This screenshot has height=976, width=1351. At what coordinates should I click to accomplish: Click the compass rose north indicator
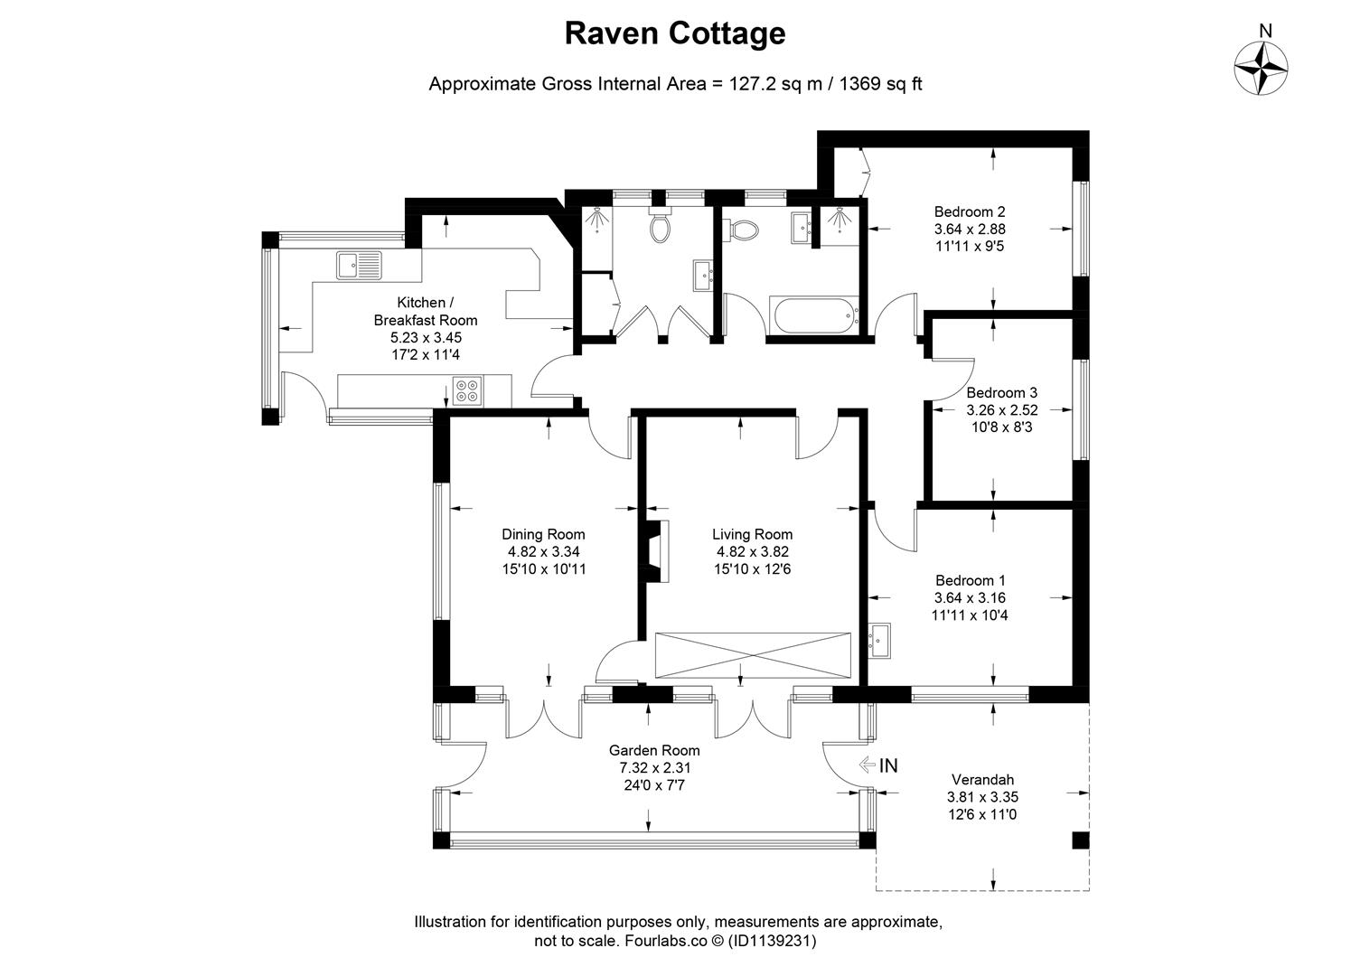[x=1262, y=68]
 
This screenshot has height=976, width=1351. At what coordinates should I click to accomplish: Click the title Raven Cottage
[x=674, y=33]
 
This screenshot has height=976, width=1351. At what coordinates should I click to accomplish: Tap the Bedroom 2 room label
[x=970, y=212]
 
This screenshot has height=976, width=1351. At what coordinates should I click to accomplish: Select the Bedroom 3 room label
[x=1001, y=393]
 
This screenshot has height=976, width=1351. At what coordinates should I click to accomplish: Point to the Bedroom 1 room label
[x=970, y=581]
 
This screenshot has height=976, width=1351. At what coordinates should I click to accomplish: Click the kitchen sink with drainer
[x=360, y=265]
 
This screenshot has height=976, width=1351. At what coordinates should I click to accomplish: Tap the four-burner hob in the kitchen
[x=468, y=390]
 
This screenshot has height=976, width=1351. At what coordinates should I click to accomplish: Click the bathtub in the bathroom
[x=813, y=315]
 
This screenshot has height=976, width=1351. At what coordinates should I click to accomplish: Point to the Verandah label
[x=982, y=780]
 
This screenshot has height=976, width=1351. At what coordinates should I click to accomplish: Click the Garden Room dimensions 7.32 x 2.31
[x=654, y=768]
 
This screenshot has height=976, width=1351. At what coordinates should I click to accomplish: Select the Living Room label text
[x=752, y=535]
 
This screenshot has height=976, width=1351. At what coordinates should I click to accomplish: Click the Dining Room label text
[x=543, y=535]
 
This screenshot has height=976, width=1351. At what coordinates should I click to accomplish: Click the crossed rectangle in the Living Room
[x=752, y=654]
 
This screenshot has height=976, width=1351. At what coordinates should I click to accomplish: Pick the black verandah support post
[x=1080, y=840]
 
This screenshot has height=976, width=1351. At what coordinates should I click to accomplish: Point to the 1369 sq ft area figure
[x=881, y=84]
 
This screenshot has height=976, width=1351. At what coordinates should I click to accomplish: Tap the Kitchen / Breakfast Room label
[x=425, y=311]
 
